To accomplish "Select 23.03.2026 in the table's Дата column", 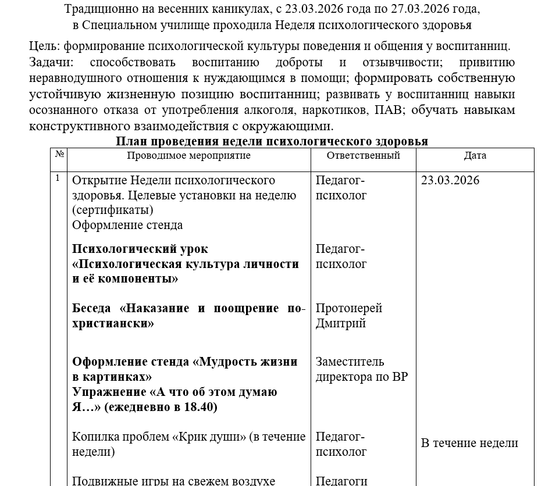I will point(450,180).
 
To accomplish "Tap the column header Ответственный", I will point(363,156).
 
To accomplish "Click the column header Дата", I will point(475,156).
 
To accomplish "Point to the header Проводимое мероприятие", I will point(188,156).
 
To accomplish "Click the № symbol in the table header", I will point(59,155).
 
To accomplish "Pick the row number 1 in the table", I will point(58,178).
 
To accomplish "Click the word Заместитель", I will point(350,362).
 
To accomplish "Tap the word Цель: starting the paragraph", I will point(44,46).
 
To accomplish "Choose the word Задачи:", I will point(50,62).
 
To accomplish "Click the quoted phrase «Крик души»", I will point(209,437).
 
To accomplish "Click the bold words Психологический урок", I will point(140,249).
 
